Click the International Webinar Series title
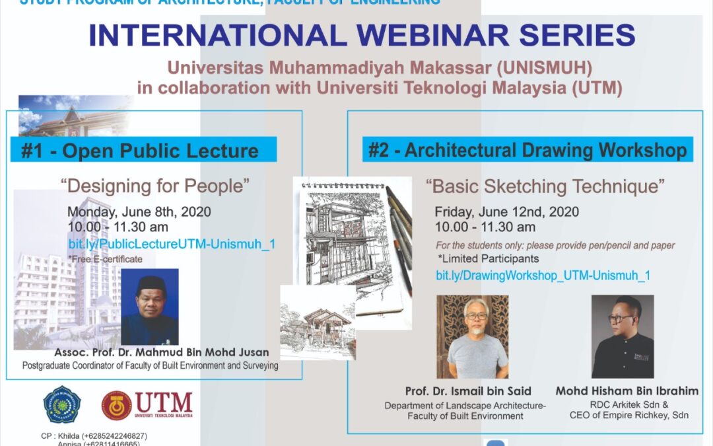tap(362, 36)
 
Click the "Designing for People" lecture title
tap(156, 186)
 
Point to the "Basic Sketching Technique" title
tap(545, 186)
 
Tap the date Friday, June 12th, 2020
tap(506, 212)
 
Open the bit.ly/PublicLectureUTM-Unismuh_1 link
tap(172, 244)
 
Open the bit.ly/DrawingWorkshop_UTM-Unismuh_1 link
tap(543, 275)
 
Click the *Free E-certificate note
tap(104, 259)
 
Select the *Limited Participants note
tap(488, 258)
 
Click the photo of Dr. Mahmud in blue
tap(150, 307)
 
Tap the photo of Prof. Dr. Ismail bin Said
tap(473, 336)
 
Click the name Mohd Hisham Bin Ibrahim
tap(627, 391)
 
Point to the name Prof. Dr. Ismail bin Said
tap(469, 391)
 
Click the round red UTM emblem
tap(116, 405)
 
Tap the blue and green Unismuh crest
tap(62, 404)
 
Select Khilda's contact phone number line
tap(93, 436)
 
